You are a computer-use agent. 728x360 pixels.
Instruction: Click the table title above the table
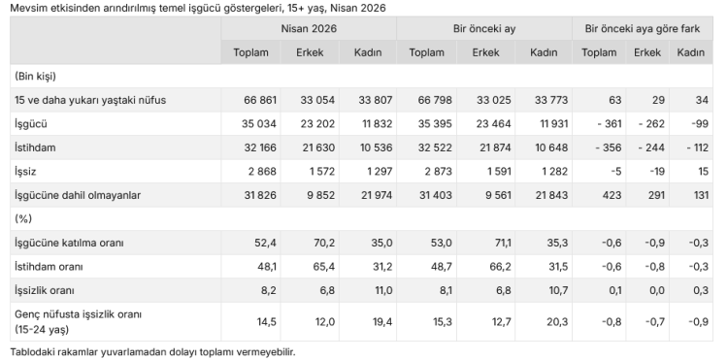click(x=198, y=8)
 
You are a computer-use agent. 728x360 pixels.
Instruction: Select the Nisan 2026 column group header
click(x=309, y=29)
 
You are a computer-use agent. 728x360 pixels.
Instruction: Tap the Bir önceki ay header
click(x=484, y=29)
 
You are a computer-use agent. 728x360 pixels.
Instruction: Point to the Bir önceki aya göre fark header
click(x=643, y=29)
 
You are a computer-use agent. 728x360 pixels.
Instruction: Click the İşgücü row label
click(x=31, y=124)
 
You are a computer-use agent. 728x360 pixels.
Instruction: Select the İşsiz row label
click(x=25, y=172)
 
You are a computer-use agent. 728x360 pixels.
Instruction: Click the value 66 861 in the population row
click(x=260, y=100)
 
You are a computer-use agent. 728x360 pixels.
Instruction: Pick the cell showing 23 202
click(x=317, y=124)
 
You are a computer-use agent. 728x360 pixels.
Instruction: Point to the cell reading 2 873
click(x=437, y=172)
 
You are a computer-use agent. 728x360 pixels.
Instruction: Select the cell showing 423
click(x=612, y=195)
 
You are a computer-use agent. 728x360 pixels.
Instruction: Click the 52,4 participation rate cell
click(x=267, y=244)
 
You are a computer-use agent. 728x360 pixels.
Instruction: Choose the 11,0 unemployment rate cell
click(x=382, y=291)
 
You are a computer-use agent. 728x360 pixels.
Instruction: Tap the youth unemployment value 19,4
click(x=382, y=322)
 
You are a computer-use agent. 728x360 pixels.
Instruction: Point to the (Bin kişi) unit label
click(x=35, y=76)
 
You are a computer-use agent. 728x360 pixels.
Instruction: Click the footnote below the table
click(x=152, y=351)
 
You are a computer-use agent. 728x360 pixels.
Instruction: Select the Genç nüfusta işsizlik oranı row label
click(x=78, y=322)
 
